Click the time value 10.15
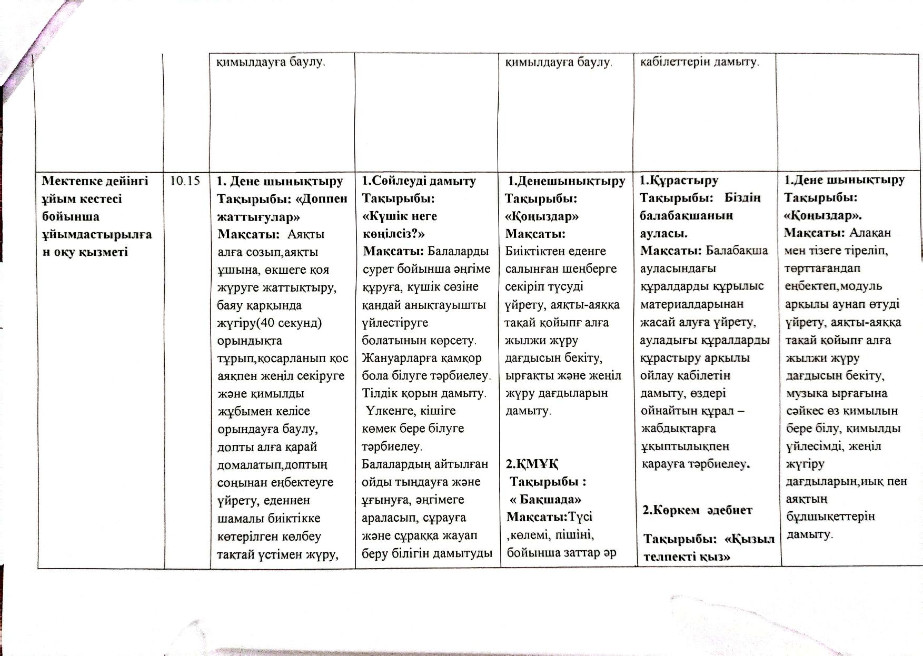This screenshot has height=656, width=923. [x=185, y=181]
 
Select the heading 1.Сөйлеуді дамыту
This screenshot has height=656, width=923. [x=419, y=181]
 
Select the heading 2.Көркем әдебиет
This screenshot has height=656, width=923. [x=698, y=510]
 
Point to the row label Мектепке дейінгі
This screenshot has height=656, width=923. [x=95, y=181]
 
